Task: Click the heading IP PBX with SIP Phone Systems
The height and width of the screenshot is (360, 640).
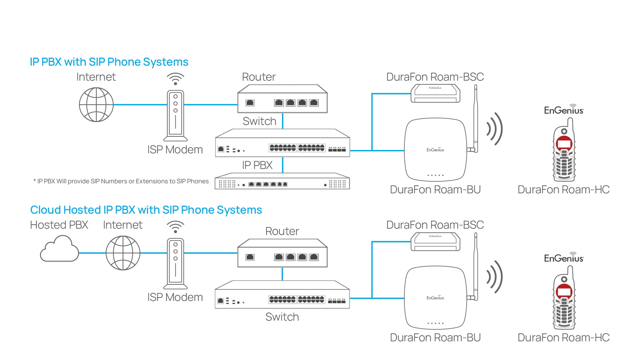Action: pos(109,62)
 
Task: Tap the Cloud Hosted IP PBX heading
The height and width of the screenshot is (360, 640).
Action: pos(146,210)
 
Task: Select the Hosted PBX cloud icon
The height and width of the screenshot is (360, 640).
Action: pos(59,249)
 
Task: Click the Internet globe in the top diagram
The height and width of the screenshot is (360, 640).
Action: pos(96,105)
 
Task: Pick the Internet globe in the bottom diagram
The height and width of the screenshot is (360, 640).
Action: pos(123,253)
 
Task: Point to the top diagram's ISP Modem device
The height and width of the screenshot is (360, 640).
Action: pos(175,115)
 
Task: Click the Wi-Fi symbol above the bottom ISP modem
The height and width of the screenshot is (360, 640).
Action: pos(175,227)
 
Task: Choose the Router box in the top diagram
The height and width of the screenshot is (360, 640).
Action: pos(282,99)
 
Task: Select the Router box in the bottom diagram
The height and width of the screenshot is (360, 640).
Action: pos(282,253)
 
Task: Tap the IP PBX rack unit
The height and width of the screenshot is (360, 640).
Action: pos(282,181)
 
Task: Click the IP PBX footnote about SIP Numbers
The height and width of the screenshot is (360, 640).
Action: pos(121,181)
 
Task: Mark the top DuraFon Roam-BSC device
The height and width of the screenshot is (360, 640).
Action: pos(435,94)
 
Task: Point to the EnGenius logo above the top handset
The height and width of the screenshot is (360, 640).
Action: pos(564,110)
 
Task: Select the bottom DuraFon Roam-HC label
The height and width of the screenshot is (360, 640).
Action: pos(563,338)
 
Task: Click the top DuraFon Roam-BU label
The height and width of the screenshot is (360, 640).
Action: pos(435,190)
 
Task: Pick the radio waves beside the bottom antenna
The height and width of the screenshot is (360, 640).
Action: pos(495,277)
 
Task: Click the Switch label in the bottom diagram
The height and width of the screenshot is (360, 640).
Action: pos(282,317)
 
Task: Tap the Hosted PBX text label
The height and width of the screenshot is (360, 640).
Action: pos(59,225)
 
